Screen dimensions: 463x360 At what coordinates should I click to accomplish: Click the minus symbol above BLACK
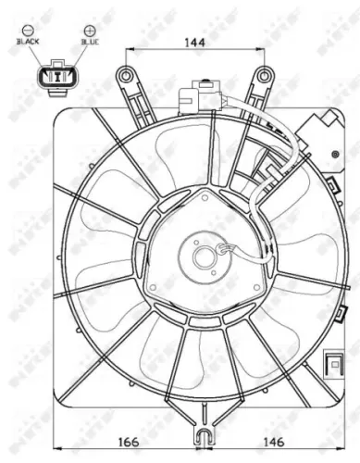click(x=28, y=31)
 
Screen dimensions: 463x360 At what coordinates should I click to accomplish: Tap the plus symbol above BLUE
click(x=89, y=31)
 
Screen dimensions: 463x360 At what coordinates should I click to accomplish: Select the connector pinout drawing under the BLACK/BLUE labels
click(x=57, y=75)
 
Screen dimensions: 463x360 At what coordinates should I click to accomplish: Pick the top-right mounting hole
click(x=264, y=74)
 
